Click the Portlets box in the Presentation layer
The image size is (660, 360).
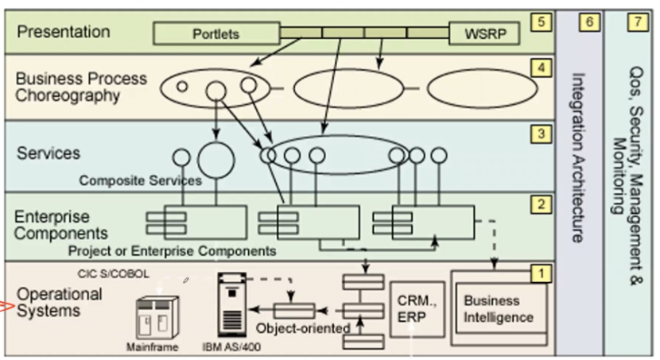[x=215, y=34]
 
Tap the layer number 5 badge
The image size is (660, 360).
[x=542, y=22]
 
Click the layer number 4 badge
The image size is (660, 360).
[x=542, y=68]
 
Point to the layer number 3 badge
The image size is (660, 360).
[x=542, y=134]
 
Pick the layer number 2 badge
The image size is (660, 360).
[x=542, y=205]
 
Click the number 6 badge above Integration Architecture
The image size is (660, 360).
[x=589, y=22]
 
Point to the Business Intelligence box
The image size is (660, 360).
[x=499, y=309]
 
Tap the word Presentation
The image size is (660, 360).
[x=64, y=33]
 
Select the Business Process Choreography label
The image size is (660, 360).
[x=81, y=87]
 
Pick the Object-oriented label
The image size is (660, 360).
[x=303, y=328]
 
